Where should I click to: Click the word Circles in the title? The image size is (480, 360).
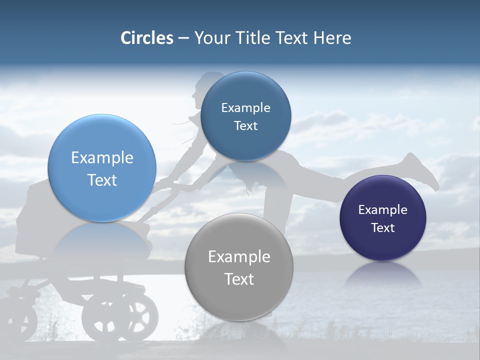coord(147,38)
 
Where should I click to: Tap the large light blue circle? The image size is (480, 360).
coord(102,168)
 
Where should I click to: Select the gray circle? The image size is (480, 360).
coord(239,267)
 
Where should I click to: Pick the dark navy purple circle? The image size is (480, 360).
coord(383,218)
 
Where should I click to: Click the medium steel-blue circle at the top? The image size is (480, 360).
coord(245,116)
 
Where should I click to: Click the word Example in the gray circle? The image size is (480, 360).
coord(239,257)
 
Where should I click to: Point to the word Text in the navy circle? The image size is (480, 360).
coord(383,228)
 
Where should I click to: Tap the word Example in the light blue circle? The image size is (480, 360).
coord(102,158)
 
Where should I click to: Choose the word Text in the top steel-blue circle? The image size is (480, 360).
coord(245,126)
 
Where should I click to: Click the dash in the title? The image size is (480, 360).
coord(183,38)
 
